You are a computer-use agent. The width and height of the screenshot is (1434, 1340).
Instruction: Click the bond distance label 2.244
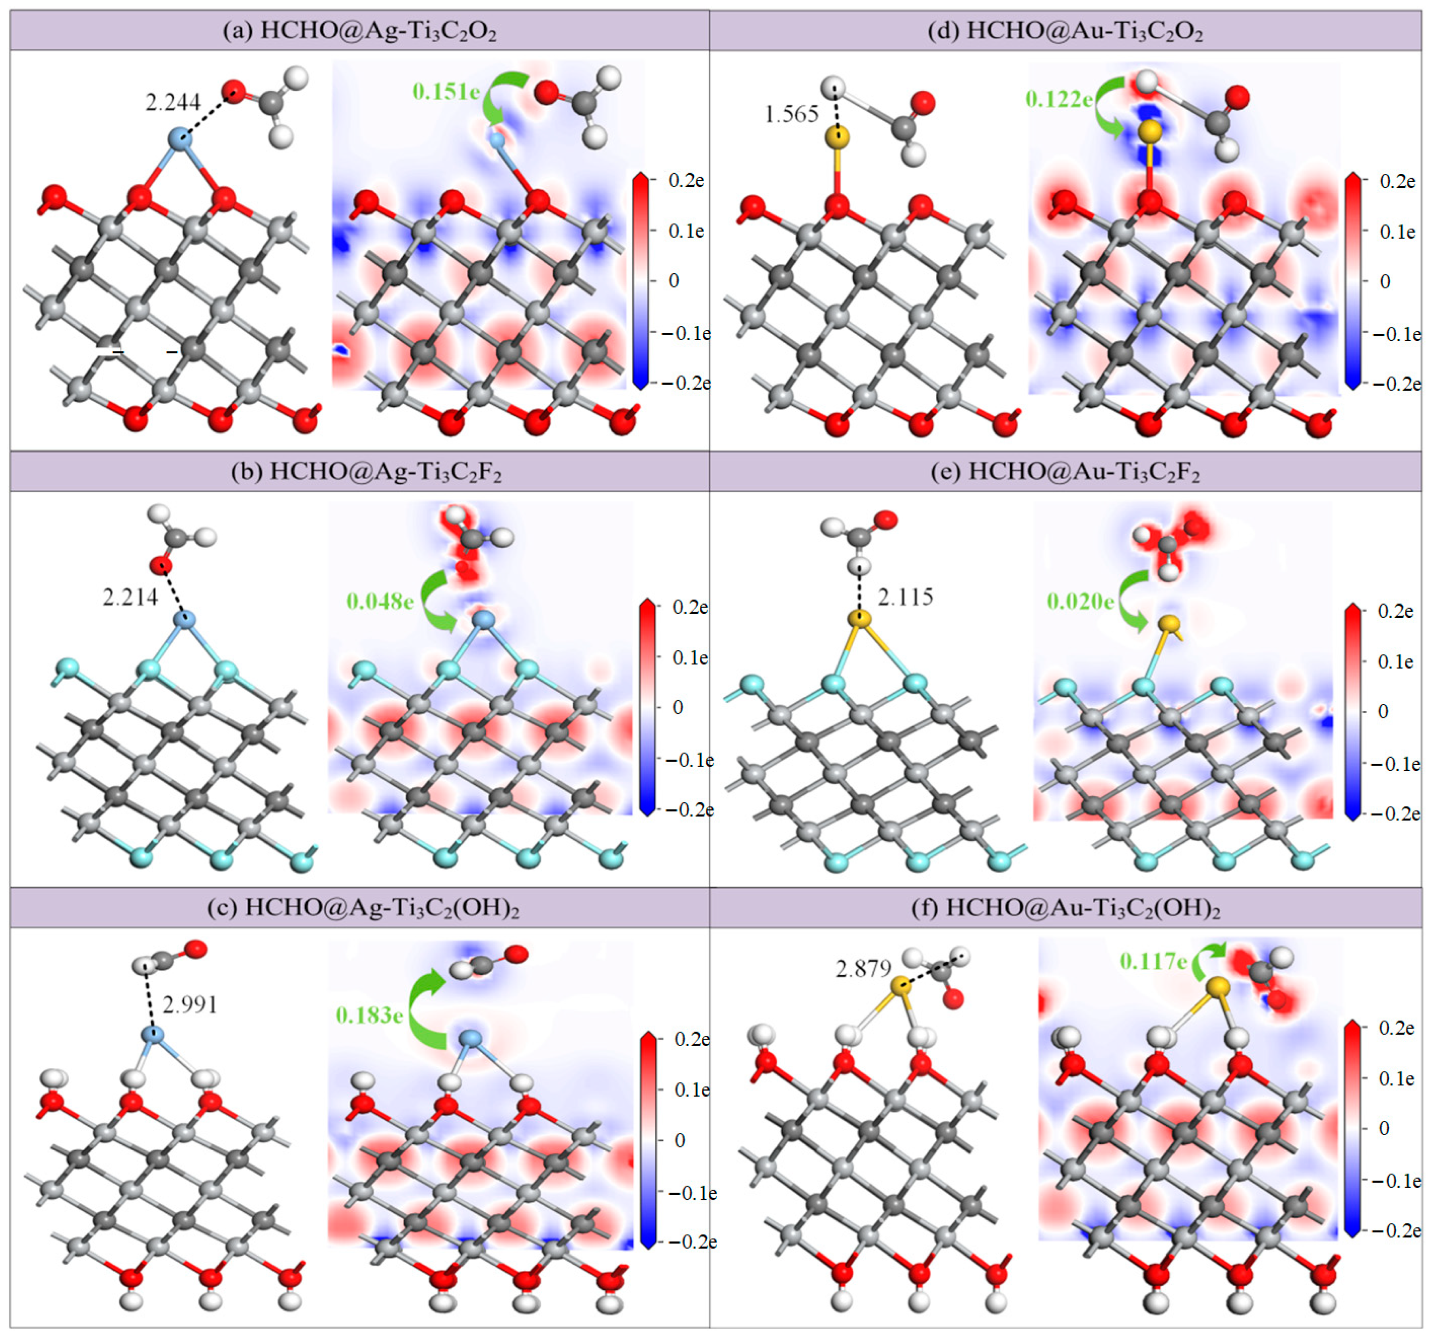(x=173, y=103)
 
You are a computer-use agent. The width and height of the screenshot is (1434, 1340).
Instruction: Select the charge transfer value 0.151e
(x=446, y=91)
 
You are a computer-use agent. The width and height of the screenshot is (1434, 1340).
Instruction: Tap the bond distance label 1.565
(x=791, y=114)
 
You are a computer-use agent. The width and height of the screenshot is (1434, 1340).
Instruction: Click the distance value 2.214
(x=130, y=597)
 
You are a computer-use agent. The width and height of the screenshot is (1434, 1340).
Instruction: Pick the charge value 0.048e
(x=380, y=601)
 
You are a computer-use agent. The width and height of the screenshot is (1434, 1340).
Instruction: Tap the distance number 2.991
(x=190, y=1004)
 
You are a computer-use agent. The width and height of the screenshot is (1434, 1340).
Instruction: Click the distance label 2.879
(x=864, y=969)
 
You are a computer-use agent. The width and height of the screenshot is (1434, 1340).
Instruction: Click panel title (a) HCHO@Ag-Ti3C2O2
(x=359, y=31)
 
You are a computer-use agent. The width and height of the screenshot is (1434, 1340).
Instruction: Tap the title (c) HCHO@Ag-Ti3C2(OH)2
(x=363, y=908)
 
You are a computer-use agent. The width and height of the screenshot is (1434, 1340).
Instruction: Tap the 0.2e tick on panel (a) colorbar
(x=685, y=181)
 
